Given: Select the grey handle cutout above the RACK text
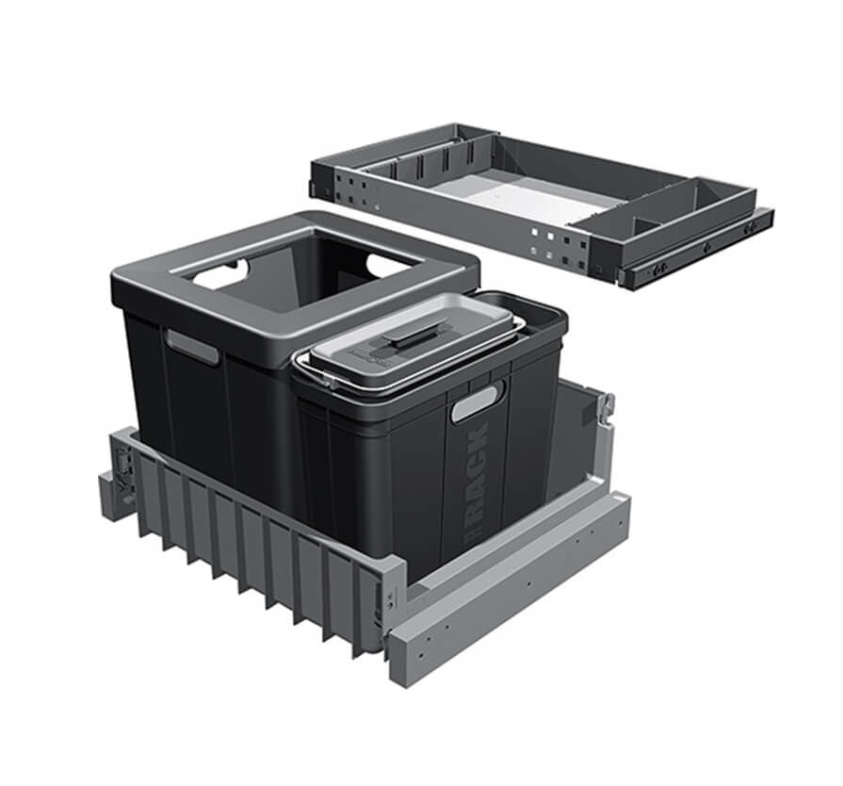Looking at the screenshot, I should tap(477, 404).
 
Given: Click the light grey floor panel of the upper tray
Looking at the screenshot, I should tap(527, 199).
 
